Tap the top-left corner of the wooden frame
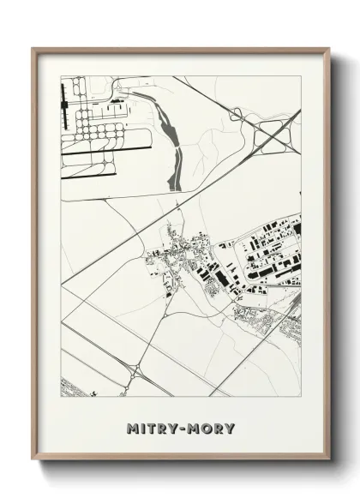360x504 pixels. (34, 50)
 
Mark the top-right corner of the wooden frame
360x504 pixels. (328, 50)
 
